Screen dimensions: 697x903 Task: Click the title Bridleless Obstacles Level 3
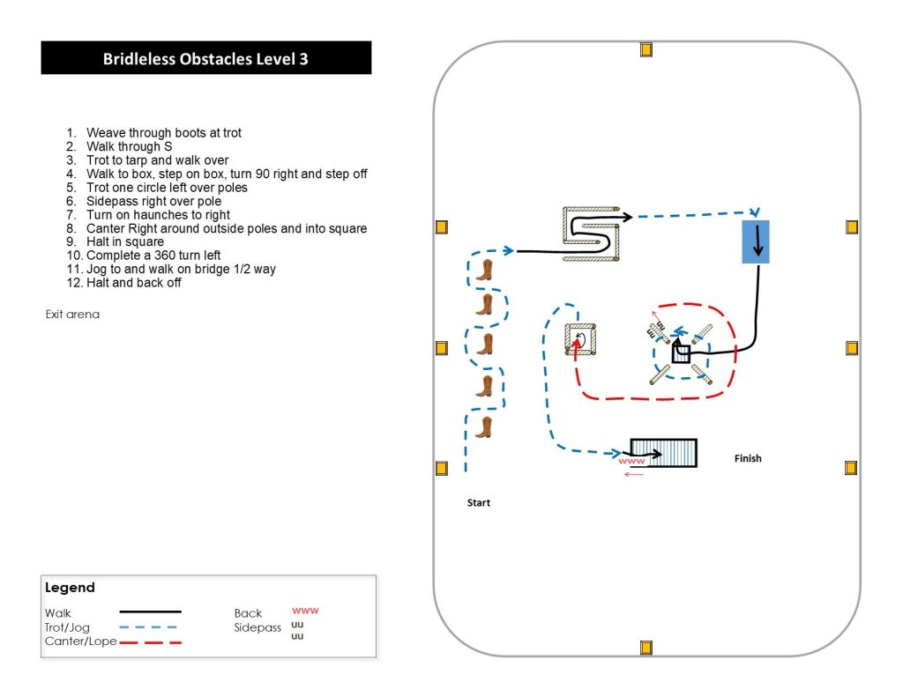[205, 59]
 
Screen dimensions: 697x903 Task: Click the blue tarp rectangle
[756, 241]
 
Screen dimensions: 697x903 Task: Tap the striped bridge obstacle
[663, 453]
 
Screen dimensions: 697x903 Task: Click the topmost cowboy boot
[483, 270]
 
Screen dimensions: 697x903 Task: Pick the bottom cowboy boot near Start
[483, 427]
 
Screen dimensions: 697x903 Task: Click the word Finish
[748, 458]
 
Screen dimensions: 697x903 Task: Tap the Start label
[478, 503]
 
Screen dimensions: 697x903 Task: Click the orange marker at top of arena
[646, 49]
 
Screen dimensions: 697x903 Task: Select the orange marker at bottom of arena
[646, 649]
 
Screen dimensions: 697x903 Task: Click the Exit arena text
[72, 315]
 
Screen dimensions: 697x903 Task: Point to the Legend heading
[70, 588]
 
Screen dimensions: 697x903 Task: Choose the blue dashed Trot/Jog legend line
[147, 627]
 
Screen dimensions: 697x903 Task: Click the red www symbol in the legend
[304, 610]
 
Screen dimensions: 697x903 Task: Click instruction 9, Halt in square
[124, 241]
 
